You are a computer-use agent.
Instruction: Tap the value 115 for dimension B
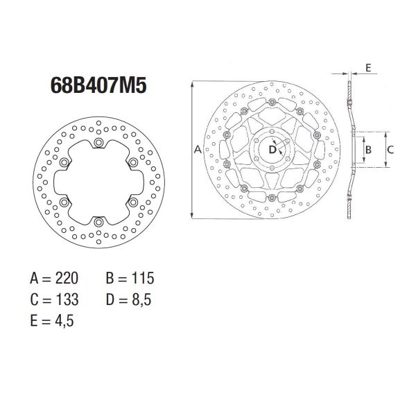tap(139, 279)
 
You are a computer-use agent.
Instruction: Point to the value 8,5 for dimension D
tap(139, 300)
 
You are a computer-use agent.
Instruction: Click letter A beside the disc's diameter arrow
tap(197, 150)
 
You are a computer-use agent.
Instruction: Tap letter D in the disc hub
tap(272, 148)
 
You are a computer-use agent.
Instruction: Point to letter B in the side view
tap(370, 149)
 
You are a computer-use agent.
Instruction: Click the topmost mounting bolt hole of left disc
tap(98, 143)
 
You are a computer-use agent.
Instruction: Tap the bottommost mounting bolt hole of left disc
tap(98, 222)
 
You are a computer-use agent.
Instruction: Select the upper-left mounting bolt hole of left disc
tap(64, 163)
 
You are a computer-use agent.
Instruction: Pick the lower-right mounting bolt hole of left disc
tap(132, 202)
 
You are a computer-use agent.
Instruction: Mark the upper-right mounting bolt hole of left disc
tap(132, 163)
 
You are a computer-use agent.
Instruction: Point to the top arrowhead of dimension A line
tap(191, 84)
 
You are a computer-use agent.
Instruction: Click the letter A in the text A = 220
tap(35, 279)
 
